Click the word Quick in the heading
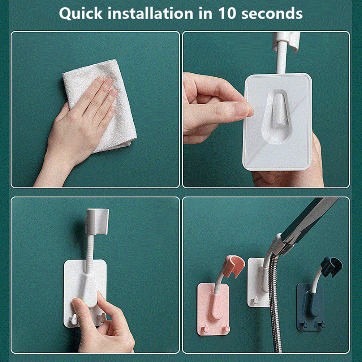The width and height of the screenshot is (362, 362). click(81, 14)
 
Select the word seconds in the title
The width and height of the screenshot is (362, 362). click(272, 13)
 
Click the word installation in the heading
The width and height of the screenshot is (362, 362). click(151, 13)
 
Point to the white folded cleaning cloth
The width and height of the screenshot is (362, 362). click(102, 104)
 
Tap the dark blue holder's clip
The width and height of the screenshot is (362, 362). click(331, 266)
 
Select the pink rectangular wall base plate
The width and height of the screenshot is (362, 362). click(213, 309)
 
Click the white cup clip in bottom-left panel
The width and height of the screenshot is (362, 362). click(97, 221)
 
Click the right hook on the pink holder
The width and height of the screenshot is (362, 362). click(227, 328)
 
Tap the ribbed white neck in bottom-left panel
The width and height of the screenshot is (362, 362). click(90, 254)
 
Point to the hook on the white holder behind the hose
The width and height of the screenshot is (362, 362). click(255, 300)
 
